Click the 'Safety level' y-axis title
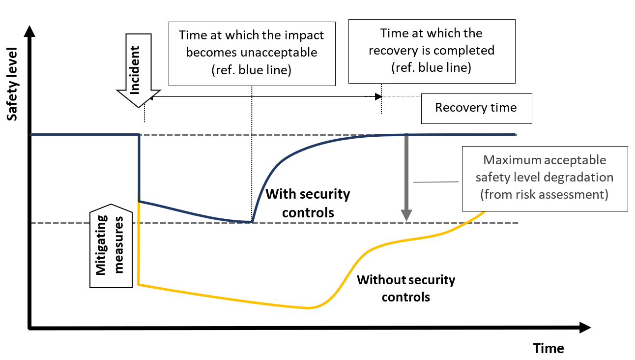pos(12,84)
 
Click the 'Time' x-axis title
pos(548,349)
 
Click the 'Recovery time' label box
pos(476,108)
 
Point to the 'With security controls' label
pos(307,203)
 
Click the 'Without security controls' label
pos(405,288)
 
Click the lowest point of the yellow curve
pos(307,308)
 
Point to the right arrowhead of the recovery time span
pos(378,96)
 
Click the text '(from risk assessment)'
pos(544,194)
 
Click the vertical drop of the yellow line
pos(139,243)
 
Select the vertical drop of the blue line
pos(140,167)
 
